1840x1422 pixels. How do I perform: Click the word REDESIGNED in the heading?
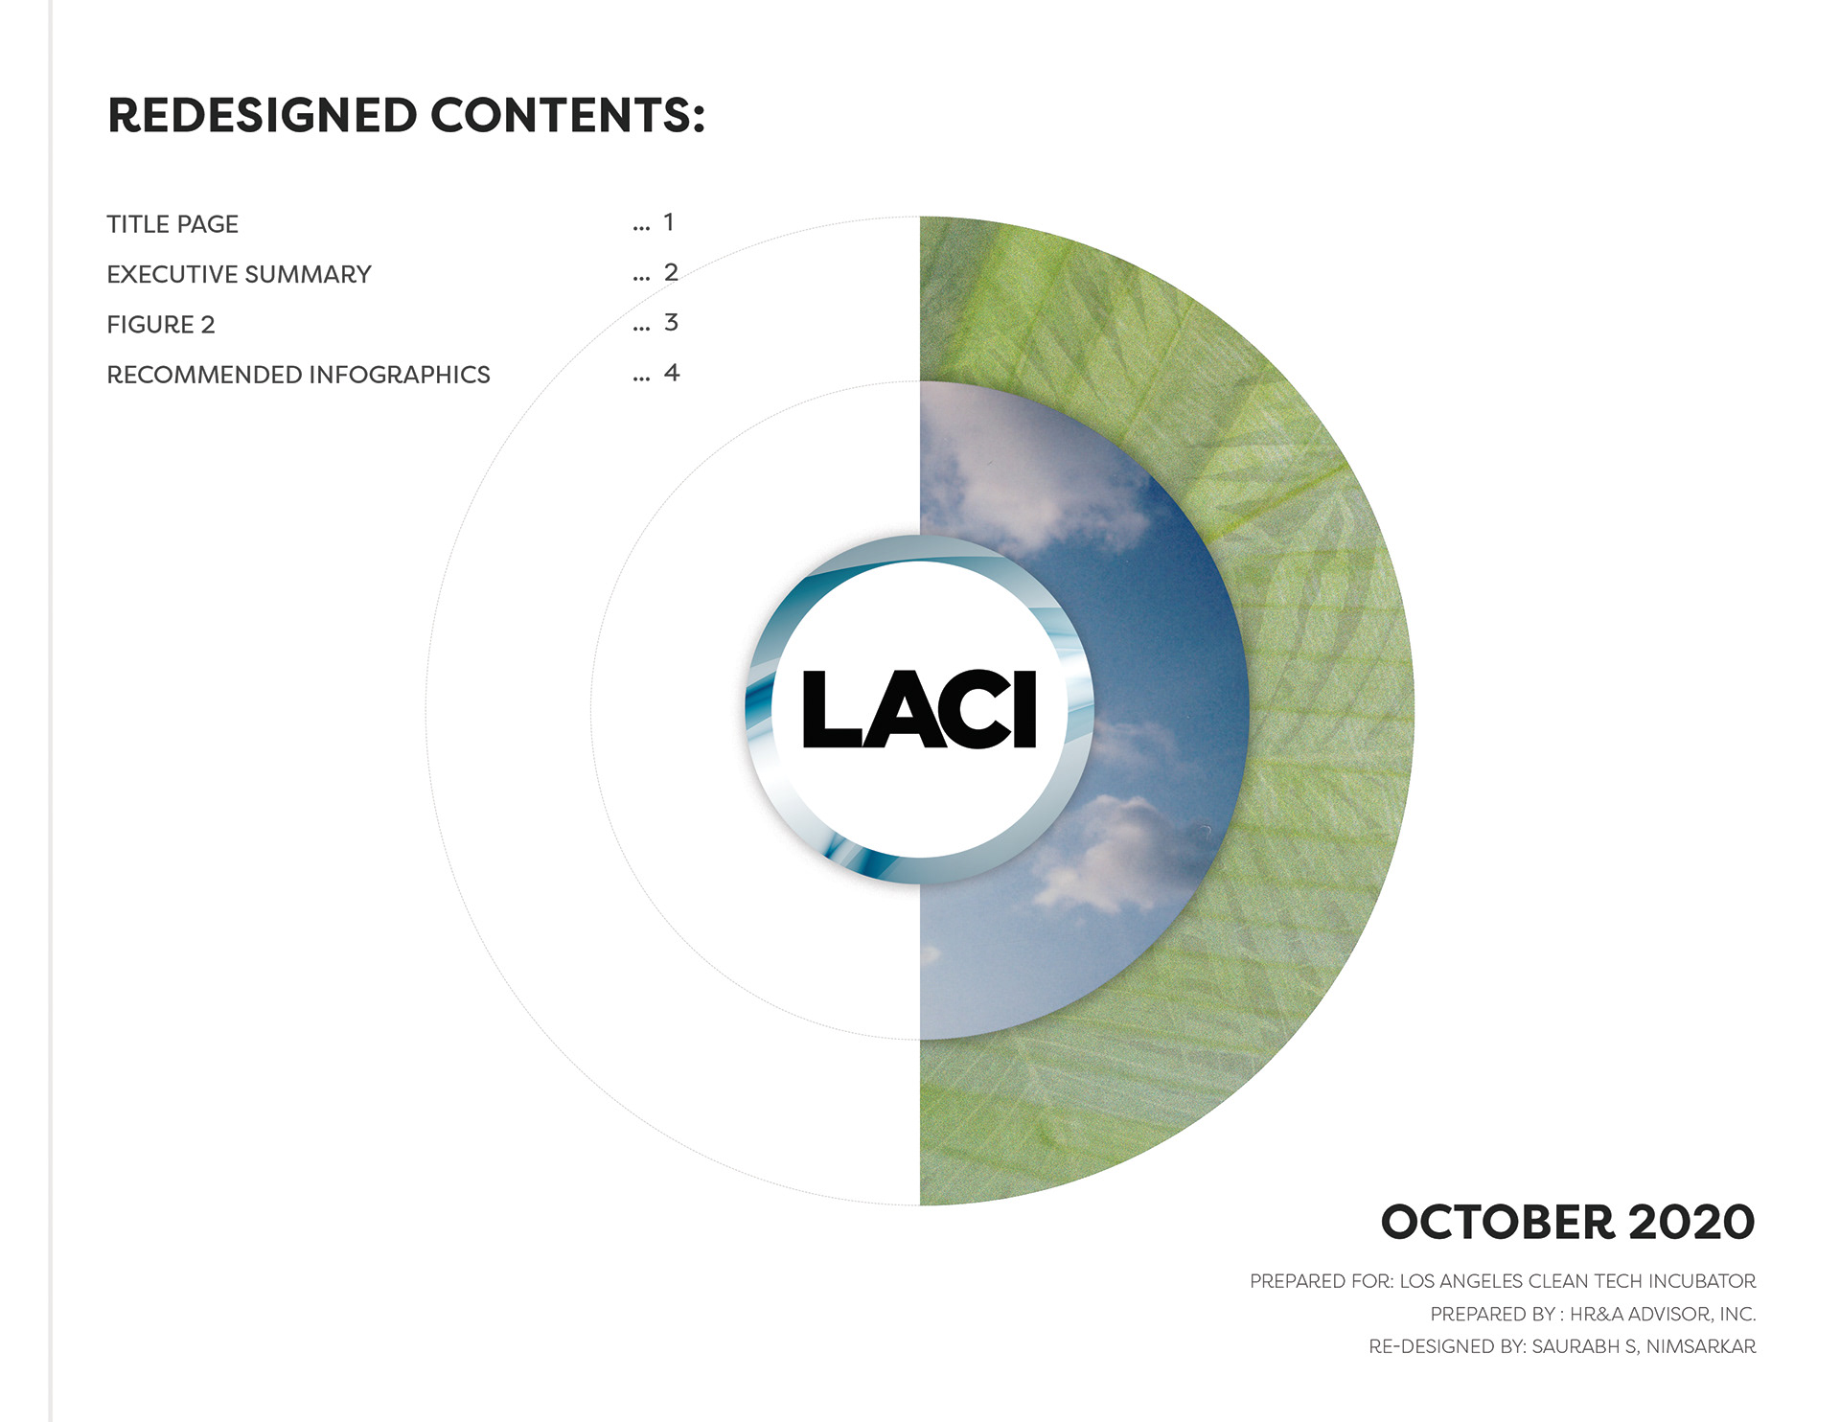pyautogui.click(x=263, y=115)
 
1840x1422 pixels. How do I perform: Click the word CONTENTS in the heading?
pyautogui.click(x=561, y=115)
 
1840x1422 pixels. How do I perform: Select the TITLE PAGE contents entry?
pyautogui.click(x=172, y=224)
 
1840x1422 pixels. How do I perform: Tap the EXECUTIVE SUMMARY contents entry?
pyautogui.click(x=239, y=274)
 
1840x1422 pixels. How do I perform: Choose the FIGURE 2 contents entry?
pyautogui.click(x=161, y=325)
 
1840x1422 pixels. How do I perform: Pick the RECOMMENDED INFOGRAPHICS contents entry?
pyautogui.click(x=298, y=375)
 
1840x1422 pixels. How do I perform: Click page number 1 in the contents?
pyautogui.click(x=669, y=222)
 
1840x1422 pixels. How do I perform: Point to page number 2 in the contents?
pyautogui.click(x=671, y=272)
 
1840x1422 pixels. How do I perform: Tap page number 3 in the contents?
pyautogui.click(x=671, y=322)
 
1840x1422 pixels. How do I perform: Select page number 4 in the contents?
pyautogui.click(x=672, y=373)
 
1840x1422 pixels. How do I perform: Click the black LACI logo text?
pyautogui.click(x=919, y=709)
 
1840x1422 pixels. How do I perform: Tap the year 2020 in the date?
pyautogui.click(x=1691, y=1223)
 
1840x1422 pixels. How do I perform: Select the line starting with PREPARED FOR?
pyautogui.click(x=1503, y=1281)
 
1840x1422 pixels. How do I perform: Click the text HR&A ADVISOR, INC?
pyautogui.click(x=1663, y=1314)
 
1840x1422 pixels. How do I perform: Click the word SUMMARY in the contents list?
pyautogui.click(x=308, y=274)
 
